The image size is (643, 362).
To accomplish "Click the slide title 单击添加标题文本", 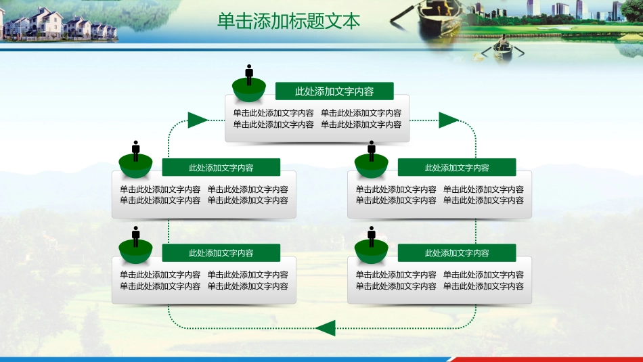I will coord(289,21).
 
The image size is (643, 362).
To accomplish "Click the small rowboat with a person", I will coord(502,50).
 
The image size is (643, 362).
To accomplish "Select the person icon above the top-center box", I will coord(249,74).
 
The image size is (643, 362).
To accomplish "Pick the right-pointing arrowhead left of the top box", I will coord(198,120).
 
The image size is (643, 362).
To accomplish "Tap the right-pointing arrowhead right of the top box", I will coord(449,120).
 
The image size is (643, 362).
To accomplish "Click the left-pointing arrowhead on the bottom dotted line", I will coord(326,329).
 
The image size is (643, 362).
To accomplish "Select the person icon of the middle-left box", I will coord(136,150).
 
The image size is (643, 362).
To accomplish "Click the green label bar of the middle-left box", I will coord(221,168).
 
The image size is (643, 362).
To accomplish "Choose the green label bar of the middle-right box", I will coord(457,168).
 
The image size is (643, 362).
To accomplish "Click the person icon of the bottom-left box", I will coord(136,235).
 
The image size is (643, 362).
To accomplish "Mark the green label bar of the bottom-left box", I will coord(221,253).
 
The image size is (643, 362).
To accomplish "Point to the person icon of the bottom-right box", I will coord(372,235).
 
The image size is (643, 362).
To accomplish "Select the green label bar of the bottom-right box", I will coord(457,253).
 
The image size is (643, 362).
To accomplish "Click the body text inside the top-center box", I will coord(317,119).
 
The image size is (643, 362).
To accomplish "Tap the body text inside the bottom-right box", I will coord(439,281).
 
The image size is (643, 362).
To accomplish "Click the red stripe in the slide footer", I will coord(541,359).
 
